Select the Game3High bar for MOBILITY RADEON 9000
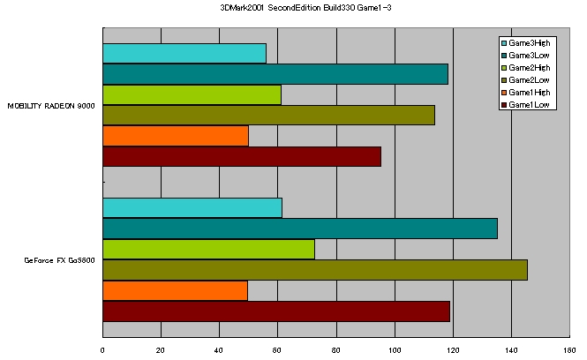pos(184,53)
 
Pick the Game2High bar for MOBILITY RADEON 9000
pos(192,94)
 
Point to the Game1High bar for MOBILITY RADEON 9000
pos(176,135)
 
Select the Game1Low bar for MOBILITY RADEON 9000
pos(242,156)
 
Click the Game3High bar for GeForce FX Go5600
pos(192,207)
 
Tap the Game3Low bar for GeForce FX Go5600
pos(300,229)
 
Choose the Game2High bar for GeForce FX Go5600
pos(208,249)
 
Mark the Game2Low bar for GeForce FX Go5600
pos(315,270)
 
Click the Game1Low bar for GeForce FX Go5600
pos(276,311)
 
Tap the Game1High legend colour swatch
pos(504,93)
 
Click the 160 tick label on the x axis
pos(569,350)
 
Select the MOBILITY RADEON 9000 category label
pos(51,106)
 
